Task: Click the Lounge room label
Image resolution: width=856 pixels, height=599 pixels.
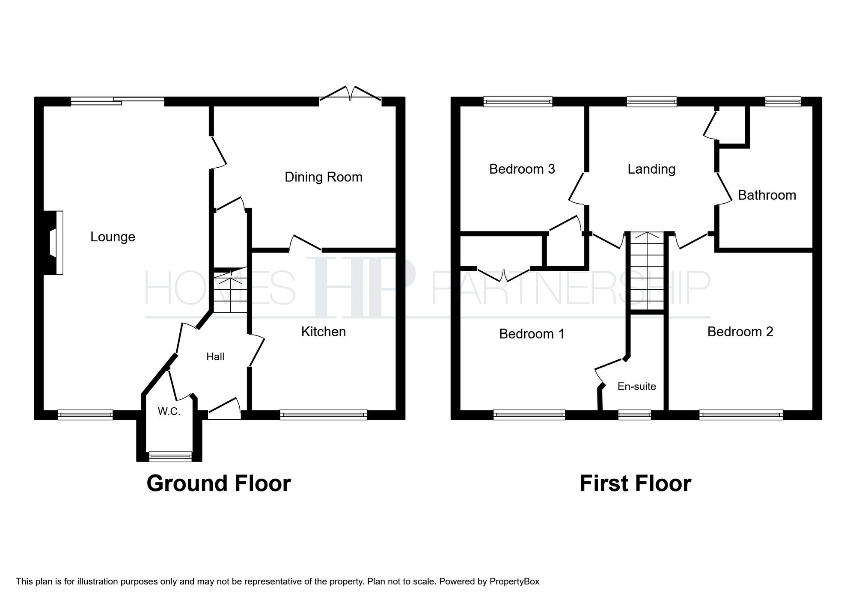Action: (113, 237)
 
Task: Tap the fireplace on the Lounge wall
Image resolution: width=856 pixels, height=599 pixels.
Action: (54, 243)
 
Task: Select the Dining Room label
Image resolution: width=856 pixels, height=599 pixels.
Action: (323, 177)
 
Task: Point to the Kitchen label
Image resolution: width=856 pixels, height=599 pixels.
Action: (323, 332)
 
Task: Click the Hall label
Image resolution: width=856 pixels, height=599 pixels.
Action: (215, 356)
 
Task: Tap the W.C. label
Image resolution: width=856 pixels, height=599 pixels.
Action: (169, 411)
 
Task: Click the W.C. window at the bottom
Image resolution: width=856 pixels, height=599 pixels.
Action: (170, 457)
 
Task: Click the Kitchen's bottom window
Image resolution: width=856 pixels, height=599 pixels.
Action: (324, 414)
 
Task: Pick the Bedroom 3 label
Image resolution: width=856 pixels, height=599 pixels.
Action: (522, 169)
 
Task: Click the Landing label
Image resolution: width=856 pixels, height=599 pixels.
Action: (651, 169)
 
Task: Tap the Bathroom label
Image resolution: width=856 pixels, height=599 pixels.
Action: (767, 195)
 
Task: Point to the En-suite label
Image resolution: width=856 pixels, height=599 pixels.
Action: (636, 386)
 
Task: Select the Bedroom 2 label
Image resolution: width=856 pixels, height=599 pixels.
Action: (740, 332)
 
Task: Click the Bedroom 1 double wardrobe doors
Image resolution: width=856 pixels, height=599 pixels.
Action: (504, 274)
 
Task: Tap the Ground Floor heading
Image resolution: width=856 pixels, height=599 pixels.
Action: (219, 483)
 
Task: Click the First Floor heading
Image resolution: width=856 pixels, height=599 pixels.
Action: (635, 483)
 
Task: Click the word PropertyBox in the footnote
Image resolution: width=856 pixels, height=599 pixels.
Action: (514, 581)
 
